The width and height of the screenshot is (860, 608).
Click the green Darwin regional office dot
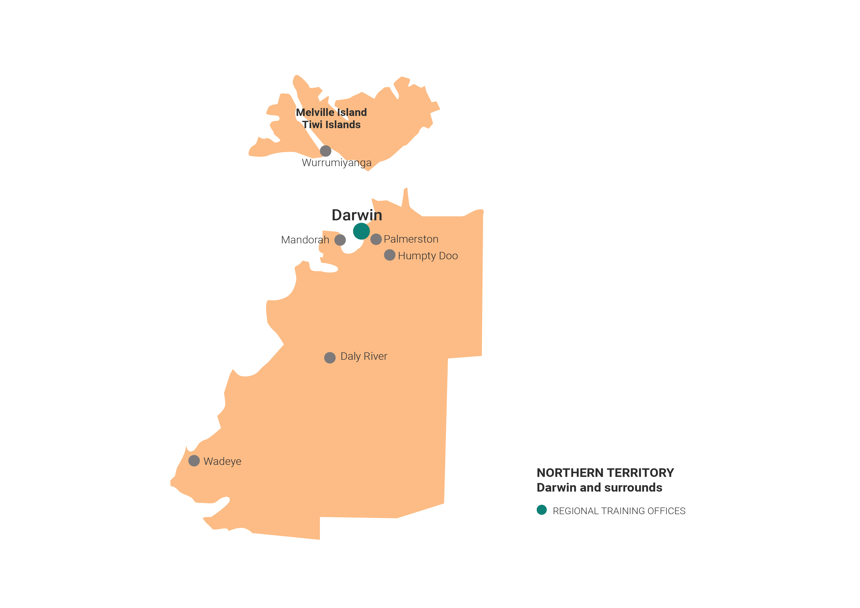click(361, 231)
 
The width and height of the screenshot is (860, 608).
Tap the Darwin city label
click(357, 215)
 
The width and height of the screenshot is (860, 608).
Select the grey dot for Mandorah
click(340, 240)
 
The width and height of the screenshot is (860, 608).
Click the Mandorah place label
click(305, 240)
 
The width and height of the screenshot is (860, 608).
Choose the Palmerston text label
click(411, 239)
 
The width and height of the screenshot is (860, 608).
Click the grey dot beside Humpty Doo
click(390, 255)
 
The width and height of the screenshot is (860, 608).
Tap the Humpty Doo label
click(428, 256)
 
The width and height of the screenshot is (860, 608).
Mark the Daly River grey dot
click(330, 358)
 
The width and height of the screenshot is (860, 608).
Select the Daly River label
click(364, 356)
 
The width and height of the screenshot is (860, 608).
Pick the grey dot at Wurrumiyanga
click(326, 151)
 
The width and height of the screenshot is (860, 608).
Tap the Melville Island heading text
click(331, 112)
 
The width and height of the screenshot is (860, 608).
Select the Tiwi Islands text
click(331, 125)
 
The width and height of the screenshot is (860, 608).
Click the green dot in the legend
click(542, 510)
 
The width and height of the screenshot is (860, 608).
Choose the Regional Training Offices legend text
click(619, 511)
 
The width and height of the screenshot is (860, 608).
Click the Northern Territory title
click(605, 473)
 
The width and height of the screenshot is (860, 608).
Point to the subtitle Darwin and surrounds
click(599, 487)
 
